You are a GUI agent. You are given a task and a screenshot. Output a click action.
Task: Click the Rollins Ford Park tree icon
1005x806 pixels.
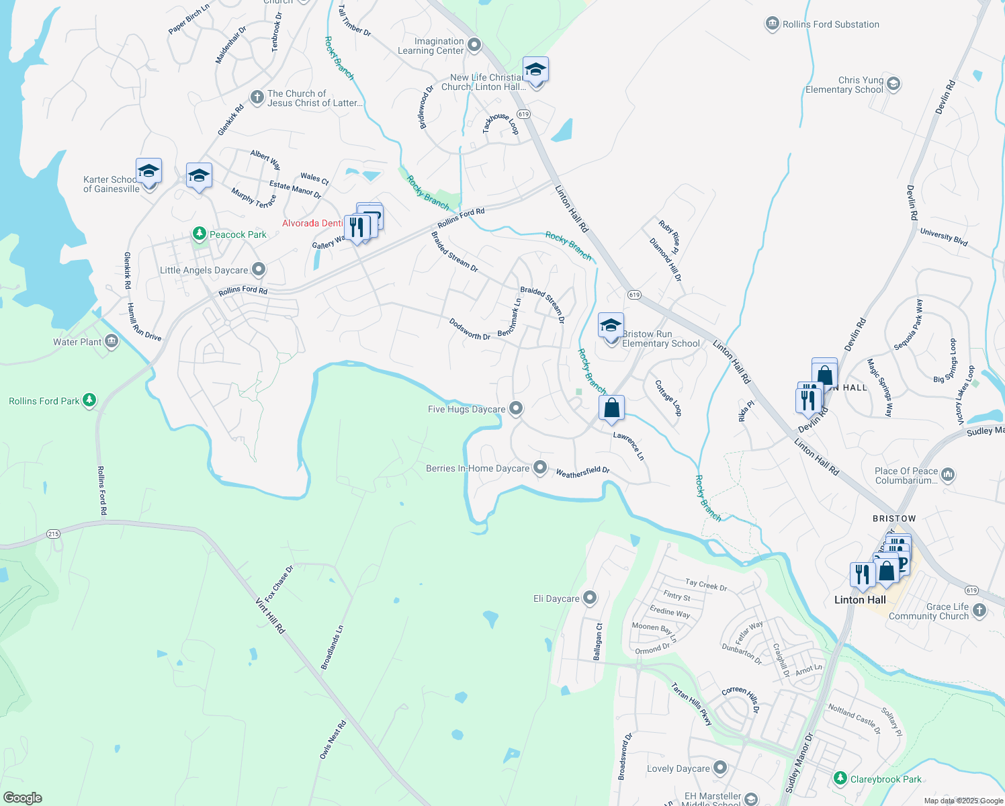(x=89, y=401)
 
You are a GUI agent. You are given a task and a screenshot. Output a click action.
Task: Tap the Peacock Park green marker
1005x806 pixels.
(x=199, y=234)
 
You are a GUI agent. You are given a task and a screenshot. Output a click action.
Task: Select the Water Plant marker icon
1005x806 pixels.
(x=112, y=342)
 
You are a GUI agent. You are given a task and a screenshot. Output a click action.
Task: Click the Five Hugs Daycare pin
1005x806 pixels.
(x=515, y=408)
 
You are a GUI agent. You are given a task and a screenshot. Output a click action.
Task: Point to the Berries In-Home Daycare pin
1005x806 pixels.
(x=540, y=467)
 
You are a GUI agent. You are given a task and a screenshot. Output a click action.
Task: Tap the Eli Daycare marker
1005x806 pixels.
(x=590, y=598)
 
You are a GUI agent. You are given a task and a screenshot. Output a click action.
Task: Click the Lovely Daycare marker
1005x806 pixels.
(x=720, y=768)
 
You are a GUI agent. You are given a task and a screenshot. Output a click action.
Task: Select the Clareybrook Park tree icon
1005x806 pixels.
(x=840, y=778)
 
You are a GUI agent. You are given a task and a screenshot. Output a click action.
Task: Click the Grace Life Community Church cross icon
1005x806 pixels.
(x=979, y=610)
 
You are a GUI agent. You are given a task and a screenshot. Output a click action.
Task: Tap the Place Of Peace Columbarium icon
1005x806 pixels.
(x=948, y=475)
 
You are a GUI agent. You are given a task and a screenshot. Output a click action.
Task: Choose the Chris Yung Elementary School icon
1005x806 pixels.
(x=893, y=84)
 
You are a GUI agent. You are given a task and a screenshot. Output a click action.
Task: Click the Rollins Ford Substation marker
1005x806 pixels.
(x=772, y=24)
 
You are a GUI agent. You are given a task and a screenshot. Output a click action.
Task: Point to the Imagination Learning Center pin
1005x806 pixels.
(x=474, y=45)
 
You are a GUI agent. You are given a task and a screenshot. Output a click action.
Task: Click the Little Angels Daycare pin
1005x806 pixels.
(x=259, y=270)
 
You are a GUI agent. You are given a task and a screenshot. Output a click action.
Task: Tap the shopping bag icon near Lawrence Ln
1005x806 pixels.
(x=611, y=408)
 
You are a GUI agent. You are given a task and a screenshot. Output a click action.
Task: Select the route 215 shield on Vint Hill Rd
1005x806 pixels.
(x=54, y=534)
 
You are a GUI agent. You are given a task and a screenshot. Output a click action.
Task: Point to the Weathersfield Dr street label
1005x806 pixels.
(x=582, y=472)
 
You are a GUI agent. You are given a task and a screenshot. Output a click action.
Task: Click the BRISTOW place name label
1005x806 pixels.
(x=893, y=519)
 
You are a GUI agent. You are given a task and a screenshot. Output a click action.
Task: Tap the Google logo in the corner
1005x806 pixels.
(x=23, y=797)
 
